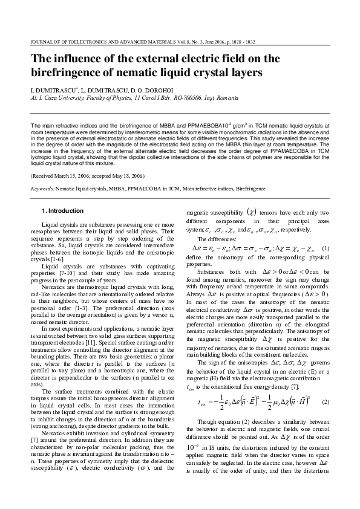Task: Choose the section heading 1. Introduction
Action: (62, 211)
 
